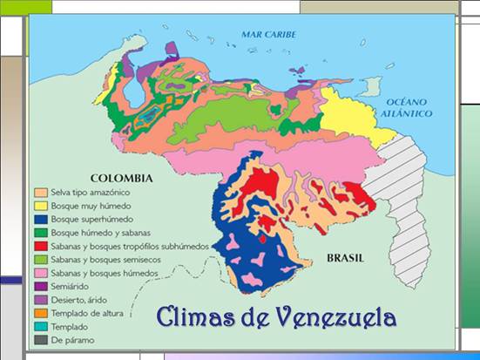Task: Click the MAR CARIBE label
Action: (x=269, y=35)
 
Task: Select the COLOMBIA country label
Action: (x=122, y=178)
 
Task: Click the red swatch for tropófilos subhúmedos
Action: (x=39, y=246)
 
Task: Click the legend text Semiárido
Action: (x=70, y=287)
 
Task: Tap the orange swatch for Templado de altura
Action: (x=39, y=313)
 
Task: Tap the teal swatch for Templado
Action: (x=39, y=327)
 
